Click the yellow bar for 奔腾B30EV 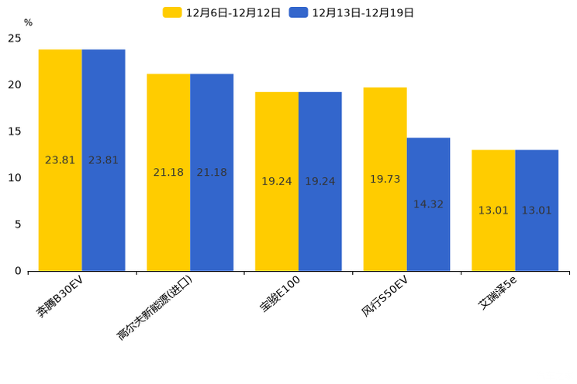click(x=60, y=160)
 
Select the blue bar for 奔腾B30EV click(x=103, y=160)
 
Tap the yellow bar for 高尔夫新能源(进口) click(x=168, y=172)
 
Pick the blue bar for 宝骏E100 click(x=320, y=181)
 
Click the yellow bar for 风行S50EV click(x=385, y=179)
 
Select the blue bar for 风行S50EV click(x=428, y=204)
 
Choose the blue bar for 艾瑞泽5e click(x=537, y=210)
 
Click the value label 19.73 click(x=385, y=179)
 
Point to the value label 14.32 click(x=428, y=204)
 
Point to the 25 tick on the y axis click(x=15, y=38)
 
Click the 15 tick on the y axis click(x=15, y=132)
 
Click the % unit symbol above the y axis click(x=28, y=23)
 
